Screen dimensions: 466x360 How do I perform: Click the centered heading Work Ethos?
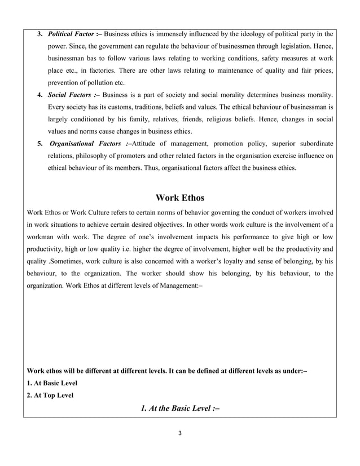point(179,198)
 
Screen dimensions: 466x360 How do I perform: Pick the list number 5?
point(40,143)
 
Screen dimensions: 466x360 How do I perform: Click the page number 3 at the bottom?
point(179,433)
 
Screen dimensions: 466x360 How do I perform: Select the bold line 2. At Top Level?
point(50,395)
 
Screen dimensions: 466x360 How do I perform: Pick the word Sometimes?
point(71,261)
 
